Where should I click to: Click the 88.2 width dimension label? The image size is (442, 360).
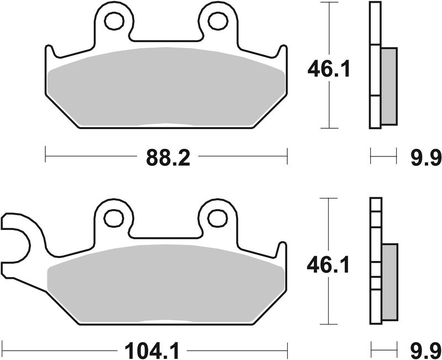tap(168, 158)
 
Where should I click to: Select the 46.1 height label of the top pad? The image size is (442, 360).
tap(328, 71)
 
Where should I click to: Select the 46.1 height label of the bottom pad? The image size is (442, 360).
tap(328, 266)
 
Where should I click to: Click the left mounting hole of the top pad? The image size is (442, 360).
tap(115, 21)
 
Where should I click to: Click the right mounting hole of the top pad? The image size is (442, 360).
tap(218, 21)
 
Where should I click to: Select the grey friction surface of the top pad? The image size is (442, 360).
tap(166, 88)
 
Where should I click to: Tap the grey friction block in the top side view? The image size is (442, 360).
tap(389, 86)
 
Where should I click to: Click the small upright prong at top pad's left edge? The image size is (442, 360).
tap(49, 55)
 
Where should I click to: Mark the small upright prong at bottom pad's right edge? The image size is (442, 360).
tap(282, 252)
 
